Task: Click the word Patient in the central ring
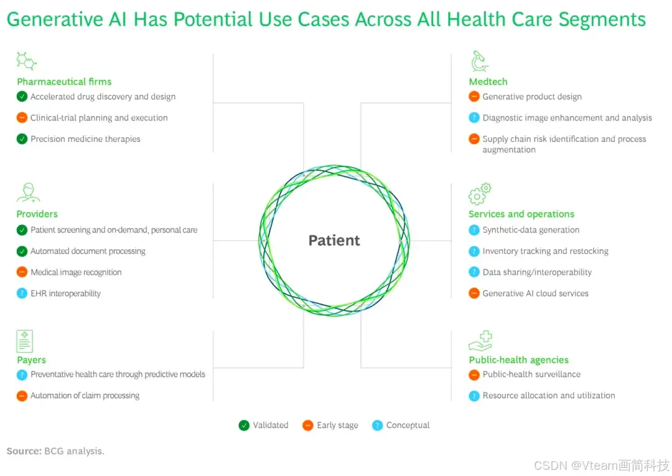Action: pyautogui.click(x=334, y=240)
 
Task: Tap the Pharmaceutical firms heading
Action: pyautogui.click(x=64, y=82)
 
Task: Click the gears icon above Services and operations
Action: pyautogui.click(x=480, y=194)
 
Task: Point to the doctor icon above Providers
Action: pyautogui.click(x=28, y=193)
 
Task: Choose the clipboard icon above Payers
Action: pyautogui.click(x=25, y=341)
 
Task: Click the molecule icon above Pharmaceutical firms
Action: pyautogui.click(x=26, y=61)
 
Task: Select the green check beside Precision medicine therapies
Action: pyautogui.click(x=22, y=139)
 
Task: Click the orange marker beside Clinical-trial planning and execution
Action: pyautogui.click(x=22, y=118)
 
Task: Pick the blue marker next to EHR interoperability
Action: pyautogui.click(x=22, y=293)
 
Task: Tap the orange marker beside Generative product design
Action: pyautogui.click(x=474, y=97)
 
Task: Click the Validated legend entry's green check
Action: pyautogui.click(x=244, y=426)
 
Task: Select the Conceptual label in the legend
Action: pyautogui.click(x=408, y=426)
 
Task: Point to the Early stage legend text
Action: pyautogui.click(x=337, y=426)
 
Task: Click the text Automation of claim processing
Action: pyautogui.click(x=85, y=396)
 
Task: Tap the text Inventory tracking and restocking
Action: pyautogui.click(x=545, y=251)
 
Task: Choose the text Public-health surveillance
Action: pyautogui.click(x=531, y=374)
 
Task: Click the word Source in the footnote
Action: pyautogui.click(x=24, y=451)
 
